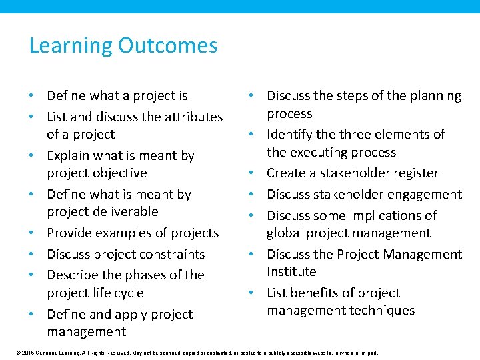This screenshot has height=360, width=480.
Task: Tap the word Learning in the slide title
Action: (x=71, y=46)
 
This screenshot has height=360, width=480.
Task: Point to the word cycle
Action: (x=127, y=293)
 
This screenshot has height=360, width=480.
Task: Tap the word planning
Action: (x=433, y=96)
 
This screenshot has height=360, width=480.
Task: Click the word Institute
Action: (x=291, y=272)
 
